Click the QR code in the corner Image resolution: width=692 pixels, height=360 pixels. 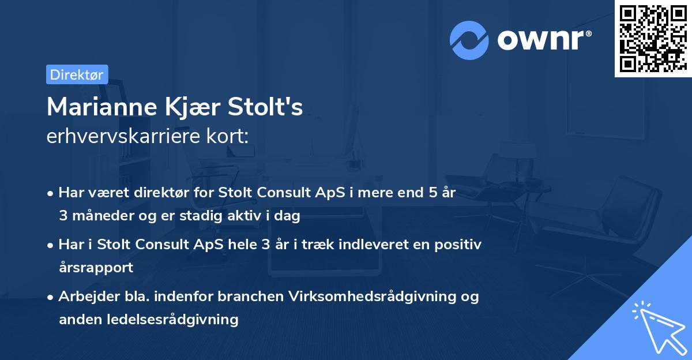[653, 38]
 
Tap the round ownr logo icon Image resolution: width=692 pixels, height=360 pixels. [469, 40]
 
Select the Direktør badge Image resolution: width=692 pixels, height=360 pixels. [77, 74]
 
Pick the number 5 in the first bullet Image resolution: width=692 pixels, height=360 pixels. [432, 193]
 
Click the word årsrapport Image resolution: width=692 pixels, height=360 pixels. [96, 268]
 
